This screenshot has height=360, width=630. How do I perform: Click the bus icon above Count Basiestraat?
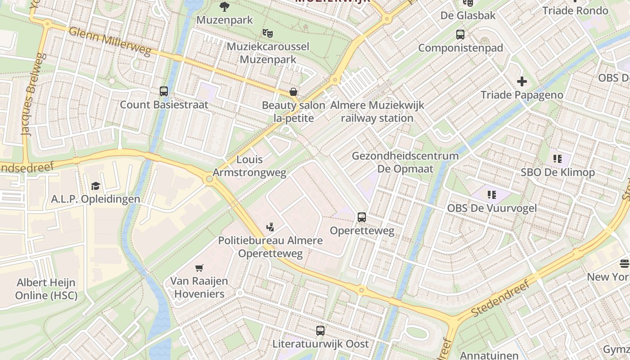[x=164, y=91]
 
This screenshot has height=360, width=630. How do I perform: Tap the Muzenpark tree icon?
[x=224, y=7]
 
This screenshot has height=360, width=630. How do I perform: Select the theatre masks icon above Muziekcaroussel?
[x=268, y=33]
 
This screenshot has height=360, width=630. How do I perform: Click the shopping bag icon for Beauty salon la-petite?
[x=293, y=92]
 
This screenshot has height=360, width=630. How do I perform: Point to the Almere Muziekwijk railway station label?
[x=377, y=112]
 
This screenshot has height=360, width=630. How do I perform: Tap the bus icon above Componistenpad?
[x=460, y=35]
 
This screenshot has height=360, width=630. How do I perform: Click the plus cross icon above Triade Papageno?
[x=522, y=81]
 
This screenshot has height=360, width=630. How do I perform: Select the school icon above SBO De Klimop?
[x=558, y=159]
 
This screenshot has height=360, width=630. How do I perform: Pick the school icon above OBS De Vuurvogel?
[x=491, y=195]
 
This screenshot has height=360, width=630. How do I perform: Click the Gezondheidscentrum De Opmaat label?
[x=405, y=162]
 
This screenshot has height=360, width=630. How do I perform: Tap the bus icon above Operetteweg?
[x=362, y=217]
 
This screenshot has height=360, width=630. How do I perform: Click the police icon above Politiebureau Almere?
[x=270, y=227]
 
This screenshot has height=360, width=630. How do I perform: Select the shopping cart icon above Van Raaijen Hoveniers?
[x=199, y=268]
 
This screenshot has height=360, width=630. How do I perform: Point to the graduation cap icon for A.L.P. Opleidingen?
[x=95, y=186]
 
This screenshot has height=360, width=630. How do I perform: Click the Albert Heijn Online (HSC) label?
[x=46, y=289]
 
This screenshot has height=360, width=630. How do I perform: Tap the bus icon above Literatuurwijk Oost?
[x=320, y=331]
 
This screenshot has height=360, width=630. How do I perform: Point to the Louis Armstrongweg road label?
[x=249, y=166]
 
